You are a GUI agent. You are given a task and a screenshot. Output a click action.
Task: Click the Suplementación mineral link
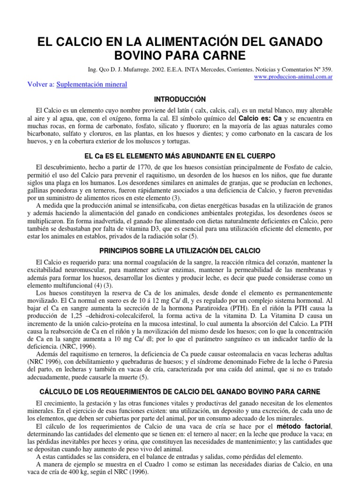pyautogui.click(x=98, y=84)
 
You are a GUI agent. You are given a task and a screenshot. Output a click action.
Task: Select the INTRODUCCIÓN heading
pyautogui.click(x=180, y=99)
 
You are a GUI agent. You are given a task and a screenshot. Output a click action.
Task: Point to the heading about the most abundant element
pyautogui.click(x=180, y=155)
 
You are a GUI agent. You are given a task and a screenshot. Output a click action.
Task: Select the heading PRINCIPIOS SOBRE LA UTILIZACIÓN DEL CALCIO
pyautogui.click(x=180, y=251)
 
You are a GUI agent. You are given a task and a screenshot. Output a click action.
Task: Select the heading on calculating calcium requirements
pyautogui.click(x=180, y=391)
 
